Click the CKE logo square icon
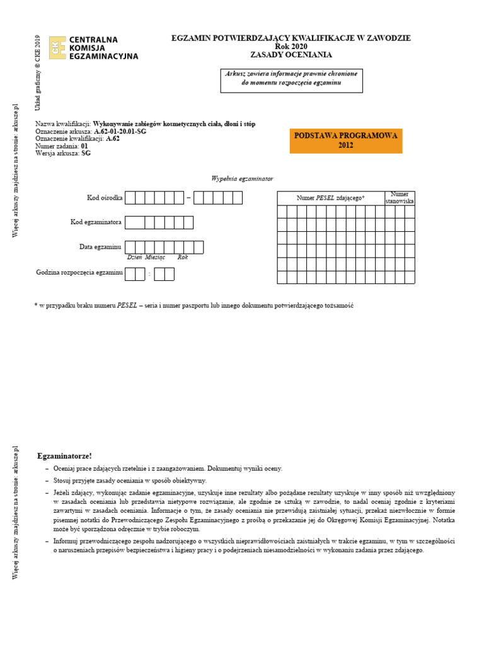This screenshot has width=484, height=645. click(57, 47)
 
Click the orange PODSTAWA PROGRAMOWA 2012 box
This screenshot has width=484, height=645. click(345, 140)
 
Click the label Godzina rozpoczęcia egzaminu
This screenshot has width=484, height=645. click(79, 273)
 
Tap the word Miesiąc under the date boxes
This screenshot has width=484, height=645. click(154, 257)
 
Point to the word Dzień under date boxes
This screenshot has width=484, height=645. click(134, 257)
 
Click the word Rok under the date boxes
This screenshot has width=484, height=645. click(183, 257)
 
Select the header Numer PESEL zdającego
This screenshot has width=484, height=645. click(331, 198)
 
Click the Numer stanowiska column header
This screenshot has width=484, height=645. click(400, 198)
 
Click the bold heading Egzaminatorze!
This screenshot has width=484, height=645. click(64, 455)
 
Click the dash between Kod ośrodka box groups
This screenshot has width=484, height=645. click(188, 198)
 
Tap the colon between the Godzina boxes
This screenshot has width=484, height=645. click(149, 274)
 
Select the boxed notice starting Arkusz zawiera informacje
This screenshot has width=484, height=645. click(291, 79)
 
